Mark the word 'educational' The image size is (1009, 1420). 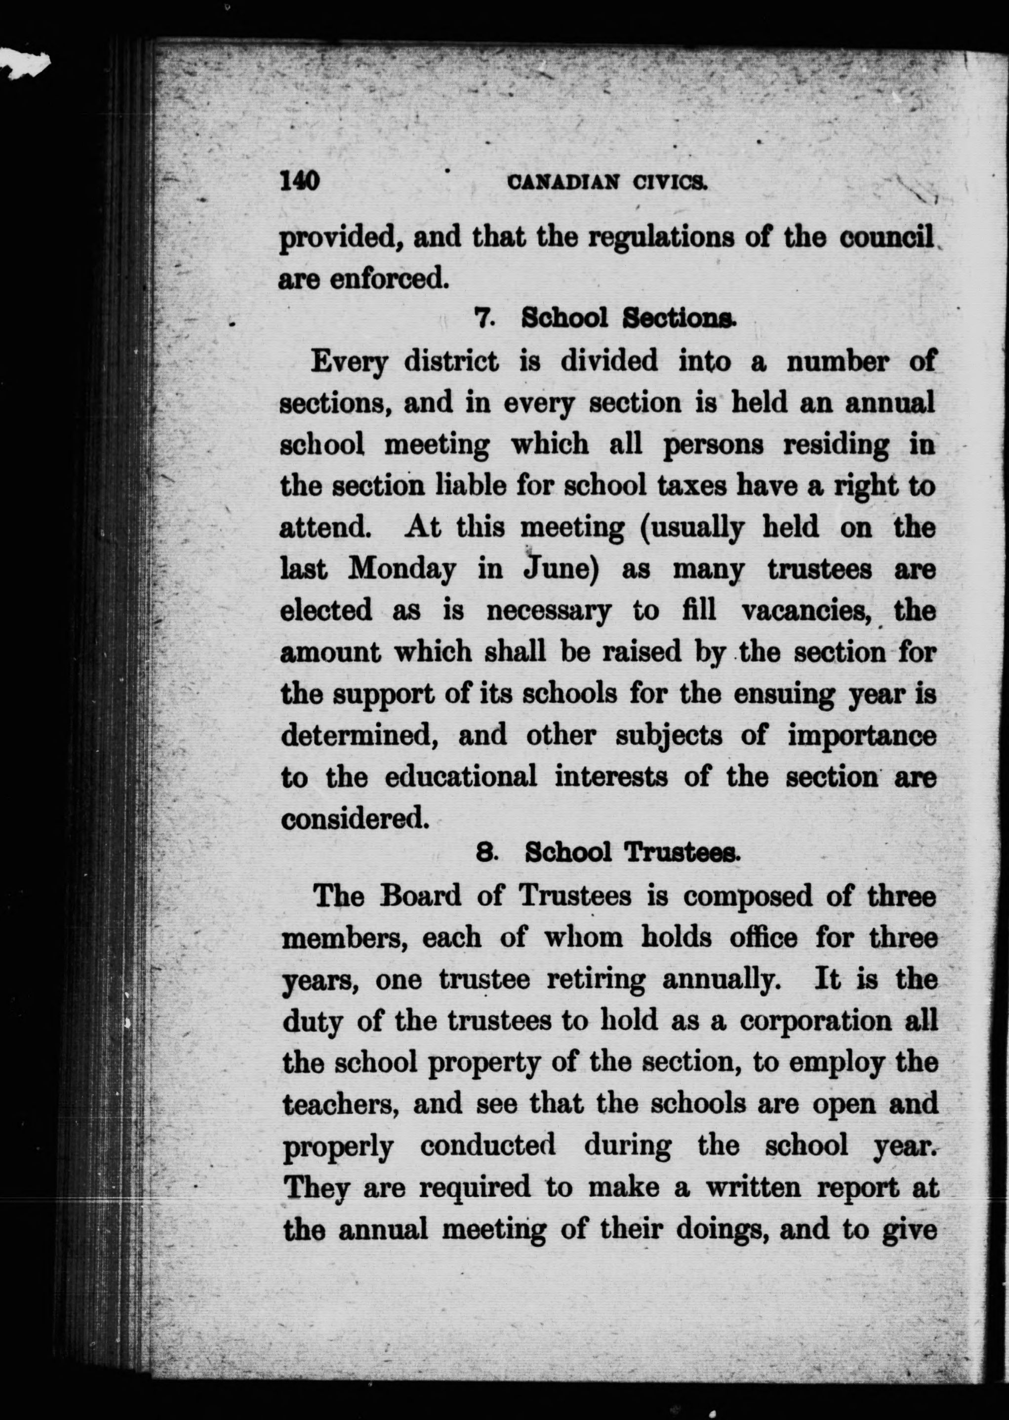(460, 777)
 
